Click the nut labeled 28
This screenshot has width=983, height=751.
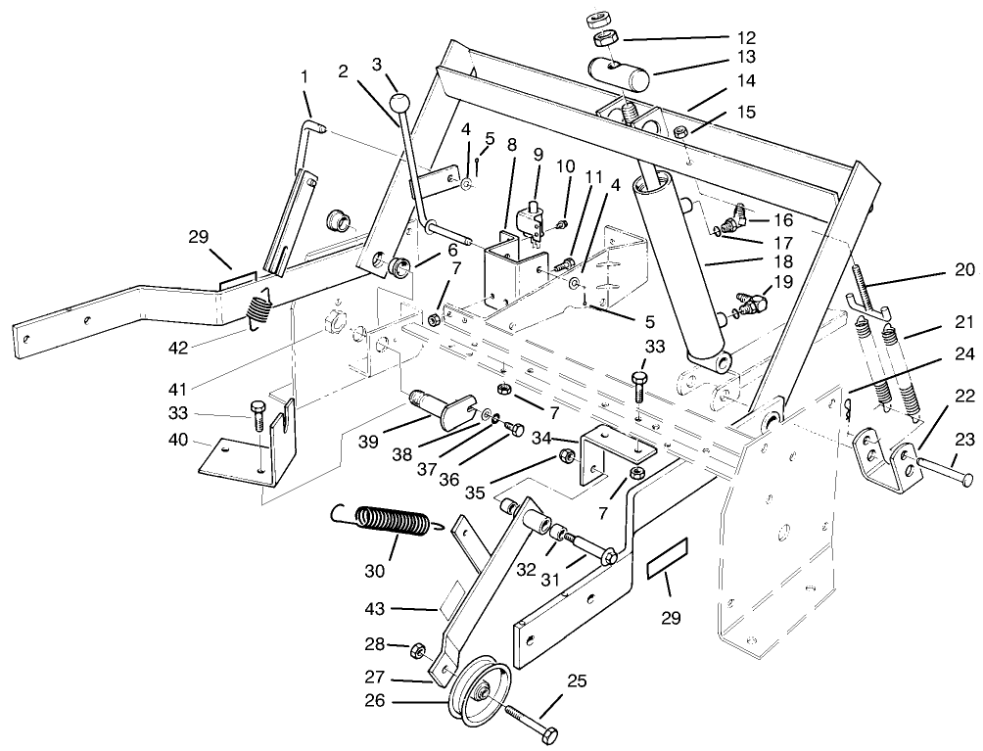coord(415,649)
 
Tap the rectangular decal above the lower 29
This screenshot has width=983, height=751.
coord(667,555)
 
